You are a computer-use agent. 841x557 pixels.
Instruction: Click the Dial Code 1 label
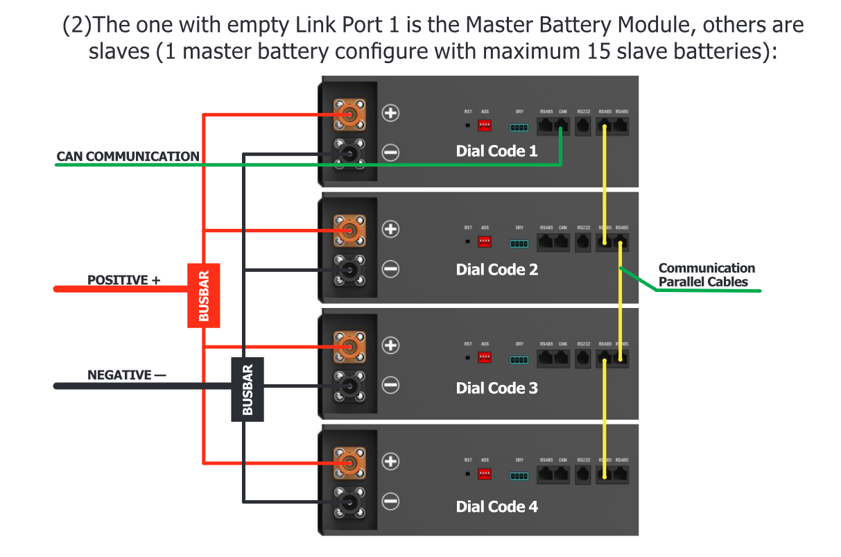pyautogui.click(x=496, y=151)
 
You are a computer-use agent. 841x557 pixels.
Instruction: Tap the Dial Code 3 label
pyautogui.click(x=496, y=388)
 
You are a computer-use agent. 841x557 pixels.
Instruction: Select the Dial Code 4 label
pyautogui.click(x=496, y=506)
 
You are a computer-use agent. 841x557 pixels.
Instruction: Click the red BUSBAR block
pyautogui.click(x=204, y=295)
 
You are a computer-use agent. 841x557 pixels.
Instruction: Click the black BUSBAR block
pyautogui.click(x=247, y=389)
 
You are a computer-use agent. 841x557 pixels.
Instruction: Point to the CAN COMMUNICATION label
pyautogui.click(x=128, y=157)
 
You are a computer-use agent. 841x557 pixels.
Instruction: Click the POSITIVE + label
pyautogui.click(x=123, y=280)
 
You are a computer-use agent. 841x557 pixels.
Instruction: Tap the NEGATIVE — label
pyautogui.click(x=126, y=375)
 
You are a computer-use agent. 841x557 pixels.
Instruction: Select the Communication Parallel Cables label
pyautogui.click(x=706, y=275)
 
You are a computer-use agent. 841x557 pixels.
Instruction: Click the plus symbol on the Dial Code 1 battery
pyautogui.click(x=391, y=112)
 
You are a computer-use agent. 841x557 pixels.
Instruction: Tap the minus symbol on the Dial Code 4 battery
pyautogui.click(x=391, y=501)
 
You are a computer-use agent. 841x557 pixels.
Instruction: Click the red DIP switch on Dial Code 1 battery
pyautogui.click(x=485, y=126)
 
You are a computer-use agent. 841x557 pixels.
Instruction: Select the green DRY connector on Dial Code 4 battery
pyautogui.click(x=519, y=476)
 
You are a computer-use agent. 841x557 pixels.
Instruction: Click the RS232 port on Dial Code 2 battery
pyautogui.click(x=583, y=242)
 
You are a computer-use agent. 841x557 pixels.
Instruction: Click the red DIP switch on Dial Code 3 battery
pyautogui.click(x=485, y=359)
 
